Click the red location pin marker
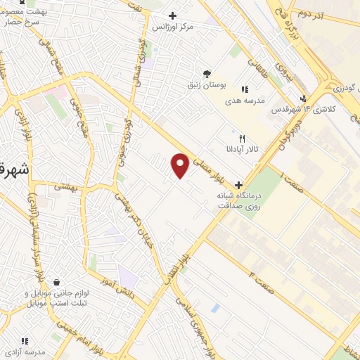181,165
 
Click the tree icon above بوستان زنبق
206,73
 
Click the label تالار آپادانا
243,149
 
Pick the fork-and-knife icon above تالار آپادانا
243,139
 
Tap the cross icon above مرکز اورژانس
172,15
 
